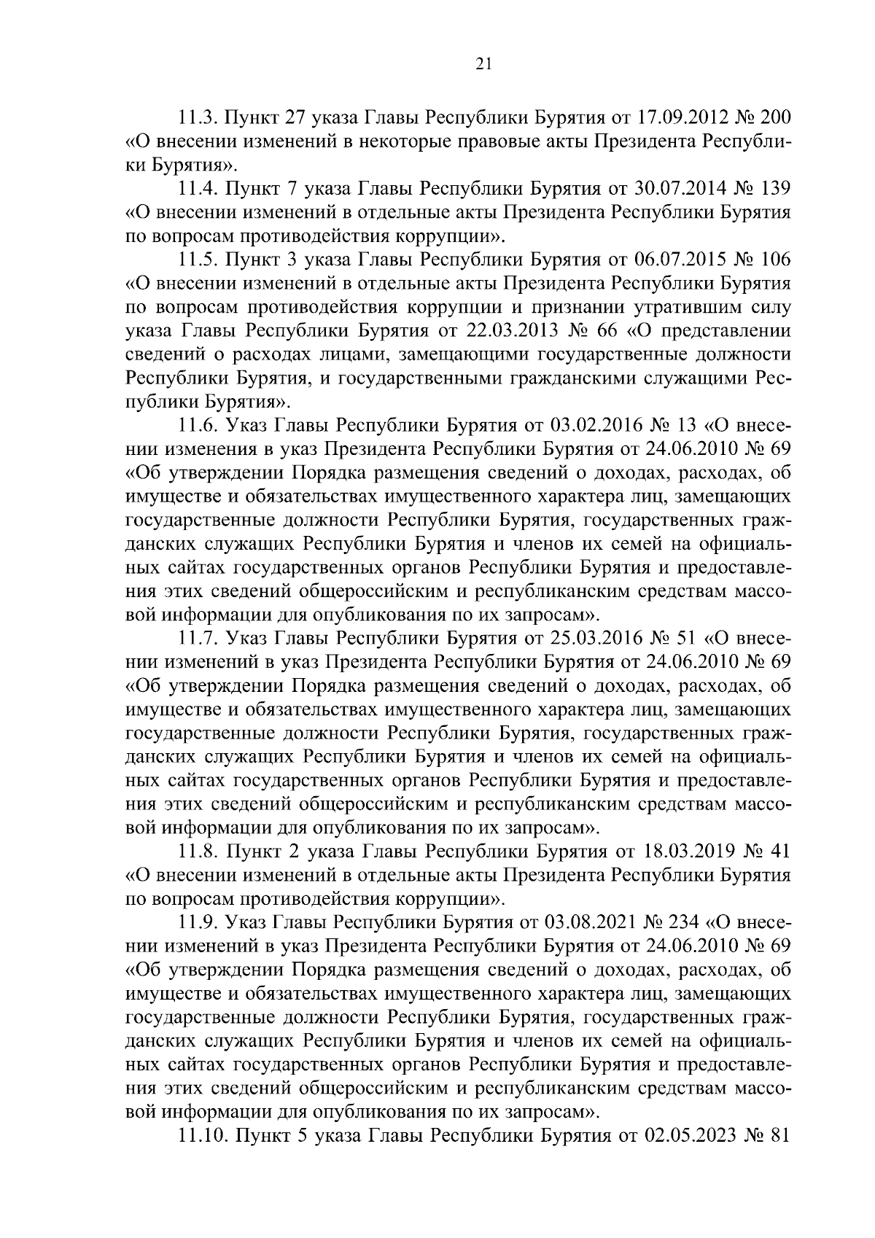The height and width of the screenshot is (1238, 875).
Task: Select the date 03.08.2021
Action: [x=586, y=922]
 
